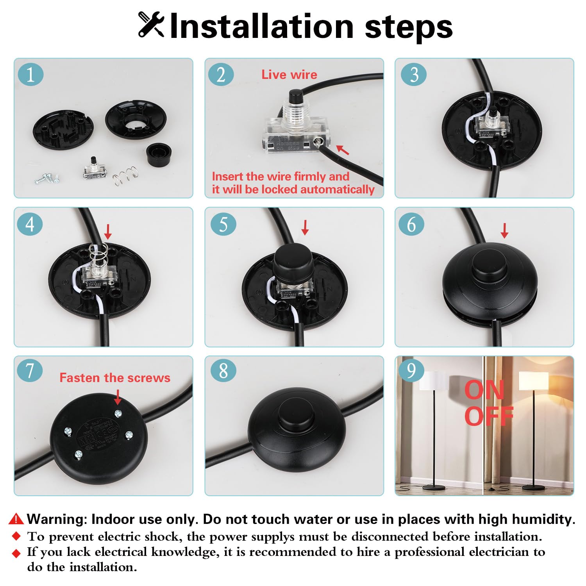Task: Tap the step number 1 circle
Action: (30, 75)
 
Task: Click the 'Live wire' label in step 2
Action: (289, 75)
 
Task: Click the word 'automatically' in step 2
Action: (338, 189)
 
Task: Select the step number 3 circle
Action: (414, 75)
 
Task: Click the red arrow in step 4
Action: (108, 232)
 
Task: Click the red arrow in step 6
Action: (504, 231)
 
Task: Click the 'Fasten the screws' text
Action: (115, 378)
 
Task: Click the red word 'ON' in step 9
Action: (484, 390)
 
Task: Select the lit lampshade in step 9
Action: (534, 381)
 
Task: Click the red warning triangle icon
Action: (16, 519)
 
